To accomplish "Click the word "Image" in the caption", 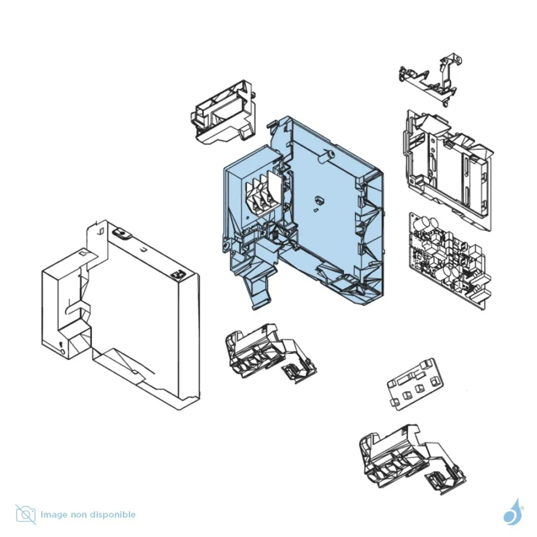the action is point(54,515).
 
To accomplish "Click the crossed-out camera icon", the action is point(26,514).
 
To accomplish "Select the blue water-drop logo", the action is point(513,512).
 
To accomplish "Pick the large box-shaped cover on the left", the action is point(121,314).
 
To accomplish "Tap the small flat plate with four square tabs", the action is point(415,384).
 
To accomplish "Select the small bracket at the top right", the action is point(431,80).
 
